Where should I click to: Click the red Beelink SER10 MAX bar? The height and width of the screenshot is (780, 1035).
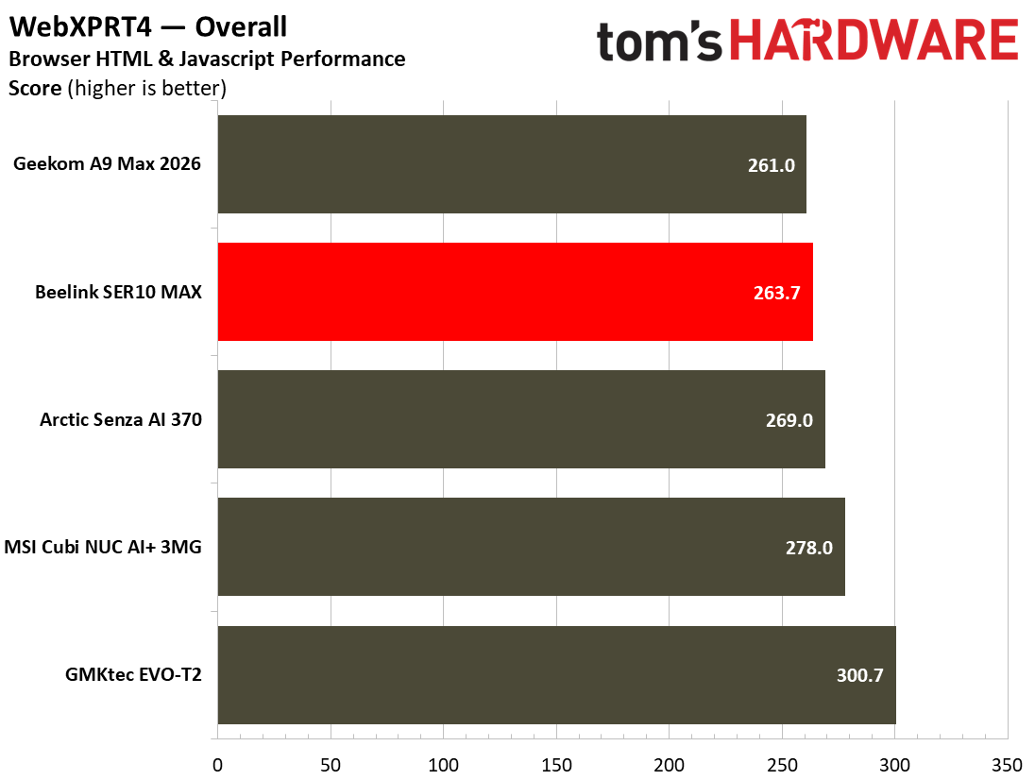point(515,292)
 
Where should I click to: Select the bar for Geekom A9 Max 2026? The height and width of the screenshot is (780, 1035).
point(512,164)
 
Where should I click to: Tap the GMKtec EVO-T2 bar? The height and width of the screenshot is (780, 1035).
point(556,674)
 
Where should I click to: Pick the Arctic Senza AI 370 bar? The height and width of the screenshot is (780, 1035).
point(520,419)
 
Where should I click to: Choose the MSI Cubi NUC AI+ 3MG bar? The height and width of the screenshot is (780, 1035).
point(531,547)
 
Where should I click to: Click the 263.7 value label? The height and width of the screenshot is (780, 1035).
point(777,293)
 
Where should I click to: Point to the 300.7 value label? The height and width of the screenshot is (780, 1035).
point(859,675)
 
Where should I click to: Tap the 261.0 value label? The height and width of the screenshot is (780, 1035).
point(771,165)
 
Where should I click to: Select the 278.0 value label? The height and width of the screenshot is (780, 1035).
point(808,548)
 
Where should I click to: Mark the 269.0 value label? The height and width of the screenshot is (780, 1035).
point(789,420)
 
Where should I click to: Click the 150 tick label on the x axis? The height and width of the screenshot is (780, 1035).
point(556,765)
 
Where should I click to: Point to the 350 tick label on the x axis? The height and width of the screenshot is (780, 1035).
point(1008,765)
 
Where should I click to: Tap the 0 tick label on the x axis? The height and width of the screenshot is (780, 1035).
point(218,765)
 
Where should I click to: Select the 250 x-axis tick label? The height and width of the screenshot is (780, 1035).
point(782,765)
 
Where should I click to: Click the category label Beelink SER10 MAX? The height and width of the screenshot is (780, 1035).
point(118,292)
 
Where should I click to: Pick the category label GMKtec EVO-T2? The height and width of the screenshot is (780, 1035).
point(133,674)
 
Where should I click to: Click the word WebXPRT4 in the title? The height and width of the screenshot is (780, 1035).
point(80,27)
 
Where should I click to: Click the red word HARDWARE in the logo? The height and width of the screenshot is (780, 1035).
point(874,40)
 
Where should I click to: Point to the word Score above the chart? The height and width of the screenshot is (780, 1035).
point(35,88)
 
